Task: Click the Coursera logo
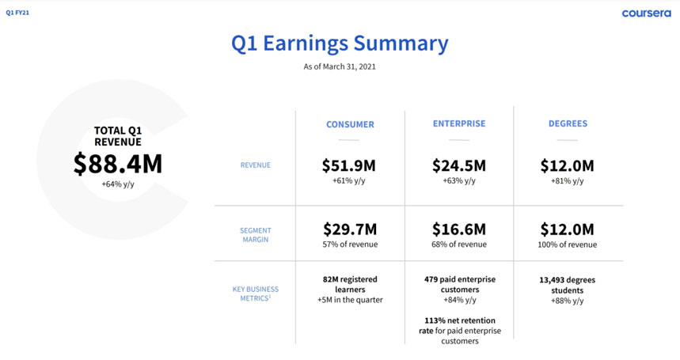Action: point(646,13)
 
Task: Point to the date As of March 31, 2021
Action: point(340,66)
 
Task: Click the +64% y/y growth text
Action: point(117,184)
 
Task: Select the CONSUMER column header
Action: point(350,124)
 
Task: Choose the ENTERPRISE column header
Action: point(459,123)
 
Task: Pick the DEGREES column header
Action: point(568,123)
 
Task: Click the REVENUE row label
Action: point(255,165)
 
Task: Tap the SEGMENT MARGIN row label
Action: point(255,235)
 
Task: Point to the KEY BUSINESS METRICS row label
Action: point(255,294)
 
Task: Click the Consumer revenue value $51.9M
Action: point(350,165)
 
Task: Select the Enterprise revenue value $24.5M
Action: point(459,165)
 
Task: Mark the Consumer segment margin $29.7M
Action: point(350,229)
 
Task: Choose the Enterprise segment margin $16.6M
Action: point(459,229)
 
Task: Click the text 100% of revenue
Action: point(568,244)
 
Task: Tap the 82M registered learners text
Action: point(350,284)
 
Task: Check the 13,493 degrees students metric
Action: point(568,285)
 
